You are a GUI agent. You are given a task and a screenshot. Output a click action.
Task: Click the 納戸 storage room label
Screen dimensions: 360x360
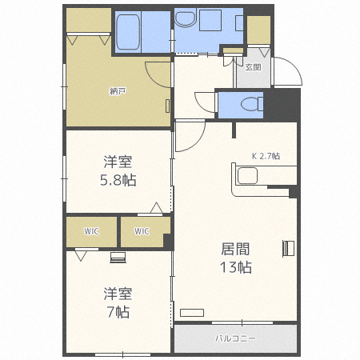[118, 91]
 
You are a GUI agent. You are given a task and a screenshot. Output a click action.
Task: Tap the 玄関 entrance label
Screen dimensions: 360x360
[253, 67]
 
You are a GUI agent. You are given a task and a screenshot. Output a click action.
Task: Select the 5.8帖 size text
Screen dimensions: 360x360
[118, 180]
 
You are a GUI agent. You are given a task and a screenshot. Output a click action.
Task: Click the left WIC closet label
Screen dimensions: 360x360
[90, 232]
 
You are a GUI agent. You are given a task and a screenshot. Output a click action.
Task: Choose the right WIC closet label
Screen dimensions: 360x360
[142, 232]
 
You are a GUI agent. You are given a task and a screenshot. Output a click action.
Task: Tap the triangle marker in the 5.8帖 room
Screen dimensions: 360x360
[157, 209]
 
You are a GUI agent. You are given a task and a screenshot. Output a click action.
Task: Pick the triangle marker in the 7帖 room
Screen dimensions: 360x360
[81, 256]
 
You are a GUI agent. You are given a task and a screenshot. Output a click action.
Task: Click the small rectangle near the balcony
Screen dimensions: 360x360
[192, 311]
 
